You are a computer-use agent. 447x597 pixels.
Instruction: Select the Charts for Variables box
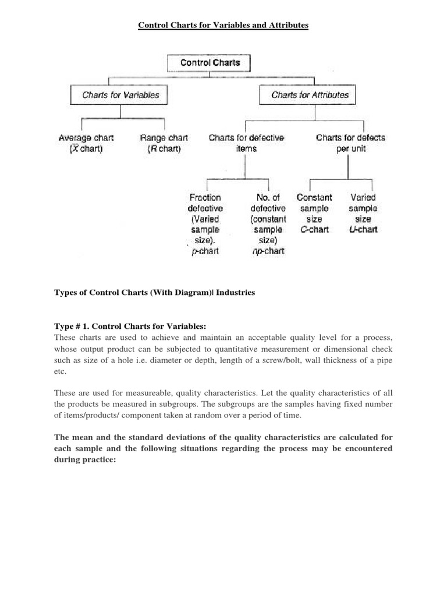point(120,94)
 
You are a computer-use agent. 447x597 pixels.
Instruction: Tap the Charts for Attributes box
point(310,94)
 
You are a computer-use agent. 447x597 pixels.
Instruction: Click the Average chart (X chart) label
point(86,143)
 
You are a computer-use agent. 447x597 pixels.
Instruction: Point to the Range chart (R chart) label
point(164,143)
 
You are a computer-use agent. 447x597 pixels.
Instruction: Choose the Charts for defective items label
point(246,143)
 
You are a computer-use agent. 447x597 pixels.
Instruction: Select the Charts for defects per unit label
point(350,143)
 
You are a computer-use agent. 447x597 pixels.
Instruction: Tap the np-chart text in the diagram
point(268,251)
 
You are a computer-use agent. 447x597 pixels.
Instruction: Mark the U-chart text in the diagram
point(363,230)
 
